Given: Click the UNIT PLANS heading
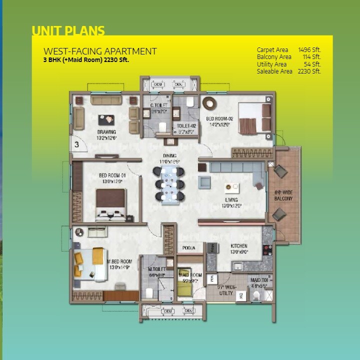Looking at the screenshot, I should (68, 31).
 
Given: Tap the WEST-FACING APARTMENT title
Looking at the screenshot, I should (100, 51).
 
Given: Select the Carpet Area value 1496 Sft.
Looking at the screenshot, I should (309, 50).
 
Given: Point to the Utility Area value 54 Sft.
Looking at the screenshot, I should (312, 64).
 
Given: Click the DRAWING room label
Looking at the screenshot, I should (106, 132).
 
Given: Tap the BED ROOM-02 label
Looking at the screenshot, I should (218, 119).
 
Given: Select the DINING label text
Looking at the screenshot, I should (169, 156).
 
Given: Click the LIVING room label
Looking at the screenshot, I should (231, 200).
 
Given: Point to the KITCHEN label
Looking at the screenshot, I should (239, 246).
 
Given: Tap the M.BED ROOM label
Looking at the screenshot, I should (119, 261).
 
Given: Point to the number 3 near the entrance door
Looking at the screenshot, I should (77, 144).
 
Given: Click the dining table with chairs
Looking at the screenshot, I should (169, 183).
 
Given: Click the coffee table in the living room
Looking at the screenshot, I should (231, 188).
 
